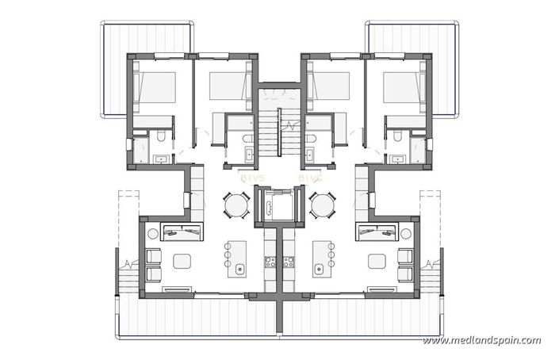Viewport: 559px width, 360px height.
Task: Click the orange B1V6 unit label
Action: [x=310, y=180]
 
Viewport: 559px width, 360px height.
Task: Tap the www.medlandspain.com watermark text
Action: [x=482, y=340]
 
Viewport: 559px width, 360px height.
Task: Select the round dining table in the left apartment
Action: [x=236, y=206]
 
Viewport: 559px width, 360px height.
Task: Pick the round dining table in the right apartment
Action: [x=322, y=206]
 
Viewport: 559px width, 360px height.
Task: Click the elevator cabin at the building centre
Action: [x=274, y=207]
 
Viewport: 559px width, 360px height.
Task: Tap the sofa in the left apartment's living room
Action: [x=182, y=232]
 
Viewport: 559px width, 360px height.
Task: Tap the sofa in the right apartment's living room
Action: [x=376, y=232]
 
